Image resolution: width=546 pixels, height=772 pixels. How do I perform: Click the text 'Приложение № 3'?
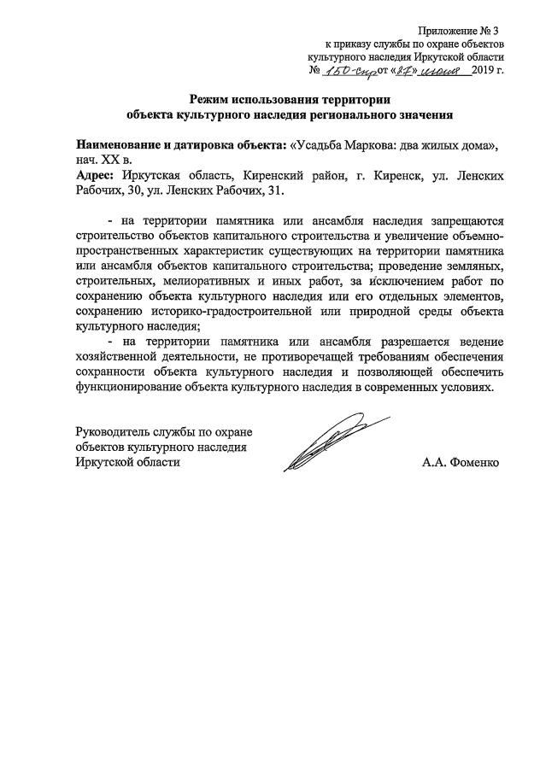point(462,32)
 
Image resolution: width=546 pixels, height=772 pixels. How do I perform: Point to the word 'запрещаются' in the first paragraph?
point(461,219)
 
